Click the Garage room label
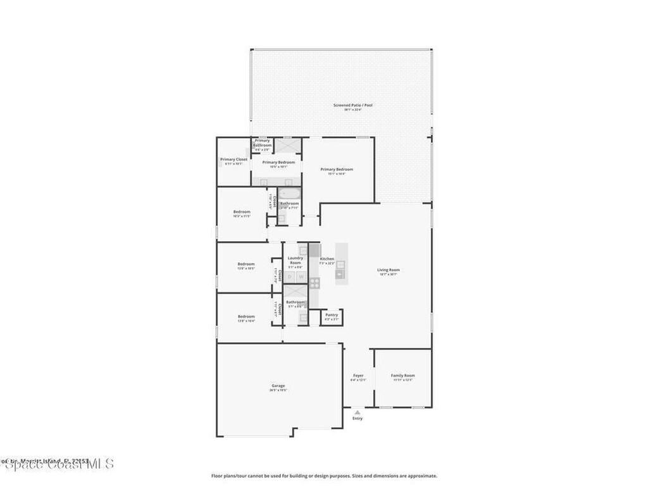pyautogui.click(x=278, y=385)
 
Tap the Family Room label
pyautogui.click(x=402, y=376)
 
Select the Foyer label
pyautogui.click(x=358, y=376)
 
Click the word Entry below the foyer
pyautogui.click(x=358, y=418)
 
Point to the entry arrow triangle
pyautogui.click(x=358, y=411)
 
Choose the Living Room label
pyautogui.click(x=389, y=270)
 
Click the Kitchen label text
pyautogui.click(x=327, y=259)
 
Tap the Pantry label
pyautogui.click(x=332, y=315)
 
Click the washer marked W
pyautogui.click(x=301, y=277)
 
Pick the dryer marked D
pyautogui.click(x=290, y=277)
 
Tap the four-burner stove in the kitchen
pyautogui.click(x=315, y=283)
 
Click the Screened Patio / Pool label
pyautogui.click(x=352, y=105)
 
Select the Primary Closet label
pyautogui.click(x=234, y=159)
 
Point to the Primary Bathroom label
pyautogui.click(x=262, y=143)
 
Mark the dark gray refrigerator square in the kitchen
pyautogui.click(x=315, y=250)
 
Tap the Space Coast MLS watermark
pyautogui.click(x=57, y=464)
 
